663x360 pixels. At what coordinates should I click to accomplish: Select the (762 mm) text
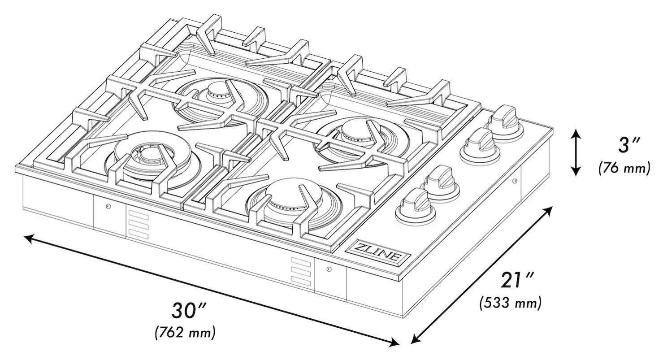pyautogui.click(x=185, y=333)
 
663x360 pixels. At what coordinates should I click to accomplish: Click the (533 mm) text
pyautogui.click(x=510, y=304)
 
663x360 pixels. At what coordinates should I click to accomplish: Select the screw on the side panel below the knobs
pyautogui.click(x=514, y=181)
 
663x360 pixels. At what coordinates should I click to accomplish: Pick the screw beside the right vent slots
pyautogui.click(x=329, y=269)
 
